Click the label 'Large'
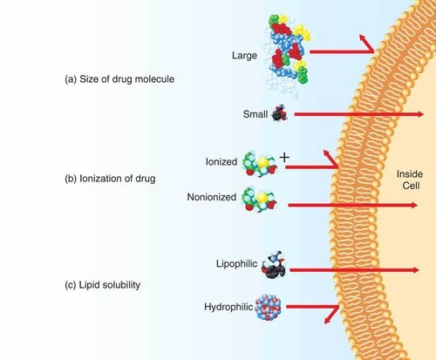[x=244, y=56]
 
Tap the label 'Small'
[x=255, y=114]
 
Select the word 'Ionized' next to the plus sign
[x=221, y=161]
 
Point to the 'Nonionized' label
[x=212, y=197]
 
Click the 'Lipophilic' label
[x=236, y=264]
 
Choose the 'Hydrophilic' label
[x=228, y=307]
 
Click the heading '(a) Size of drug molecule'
[x=119, y=79]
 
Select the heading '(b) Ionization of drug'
[x=110, y=179]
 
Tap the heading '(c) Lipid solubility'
[x=102, y=285]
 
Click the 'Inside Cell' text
[x=410, y=180]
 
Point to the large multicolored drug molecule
[x=286, y=54]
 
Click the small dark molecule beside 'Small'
[x=280, y=113]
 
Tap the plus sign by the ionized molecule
[x=284, y=158]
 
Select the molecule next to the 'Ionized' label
[x=260, y=163]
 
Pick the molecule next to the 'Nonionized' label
[x=259, y=199]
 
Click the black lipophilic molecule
[x=274, y=265]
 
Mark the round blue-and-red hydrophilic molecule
[x=268, y=308]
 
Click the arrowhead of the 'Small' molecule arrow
[x=420, y=114]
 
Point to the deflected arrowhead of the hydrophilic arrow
[x=328, y=320]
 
